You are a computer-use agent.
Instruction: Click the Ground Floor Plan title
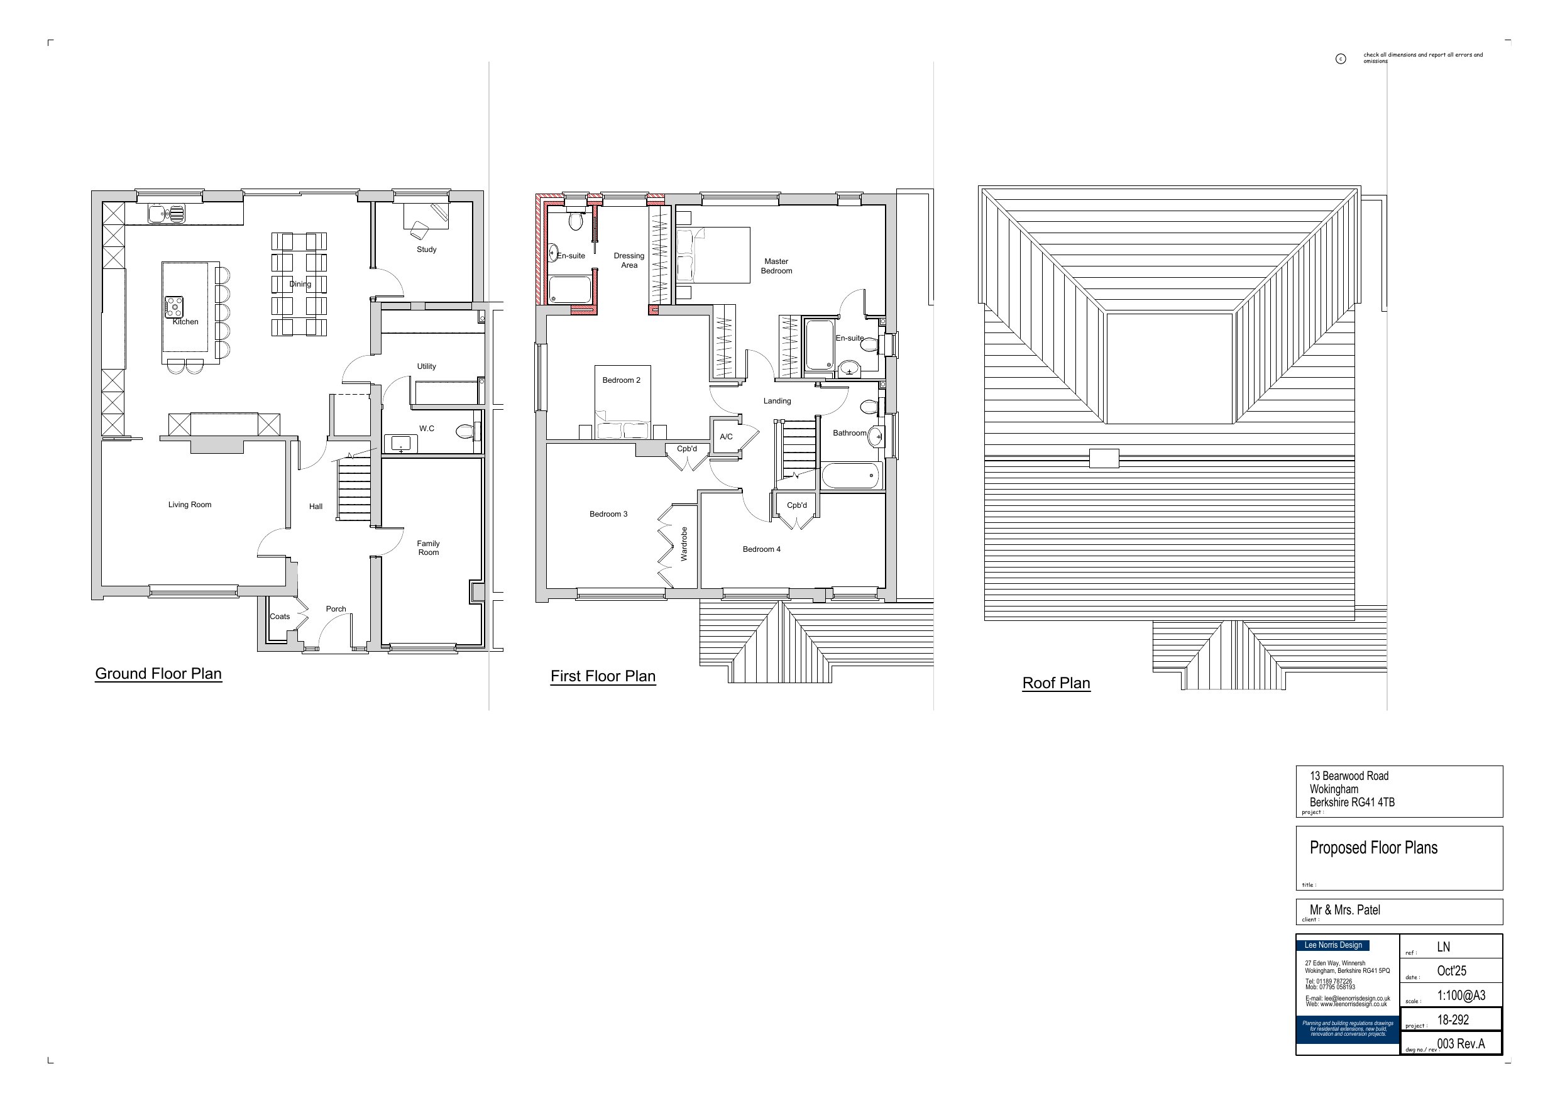coord(158,674)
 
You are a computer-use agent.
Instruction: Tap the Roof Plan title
coord(1056,683)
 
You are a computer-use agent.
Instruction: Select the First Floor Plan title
coord(603,676)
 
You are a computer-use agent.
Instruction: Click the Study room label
coord(427,250)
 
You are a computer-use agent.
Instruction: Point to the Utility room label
coord(427,366)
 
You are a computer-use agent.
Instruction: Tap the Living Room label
coord(190,505)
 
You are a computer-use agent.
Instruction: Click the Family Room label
coord(428,548)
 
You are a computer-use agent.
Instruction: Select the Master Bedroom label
coord(777,266)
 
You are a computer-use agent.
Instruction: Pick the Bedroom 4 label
coord(761,549)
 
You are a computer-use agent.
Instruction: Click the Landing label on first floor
coord(777,401)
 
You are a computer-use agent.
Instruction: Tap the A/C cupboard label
coord(727,437)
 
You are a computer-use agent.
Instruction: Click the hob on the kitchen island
coord(175,307)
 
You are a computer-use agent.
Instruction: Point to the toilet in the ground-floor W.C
coord(466,431)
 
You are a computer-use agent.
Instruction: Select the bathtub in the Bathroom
coord(852,475)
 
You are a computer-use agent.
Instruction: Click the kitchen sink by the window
coord(166,215)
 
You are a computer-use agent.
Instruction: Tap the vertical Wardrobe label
coord(684,544)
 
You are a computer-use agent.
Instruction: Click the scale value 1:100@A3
coord(1461,996)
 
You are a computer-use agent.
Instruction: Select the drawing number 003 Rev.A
coord(1461,1044)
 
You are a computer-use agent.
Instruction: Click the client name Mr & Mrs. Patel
coord(1344,910)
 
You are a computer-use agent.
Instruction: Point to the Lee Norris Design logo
coord(1333,945)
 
